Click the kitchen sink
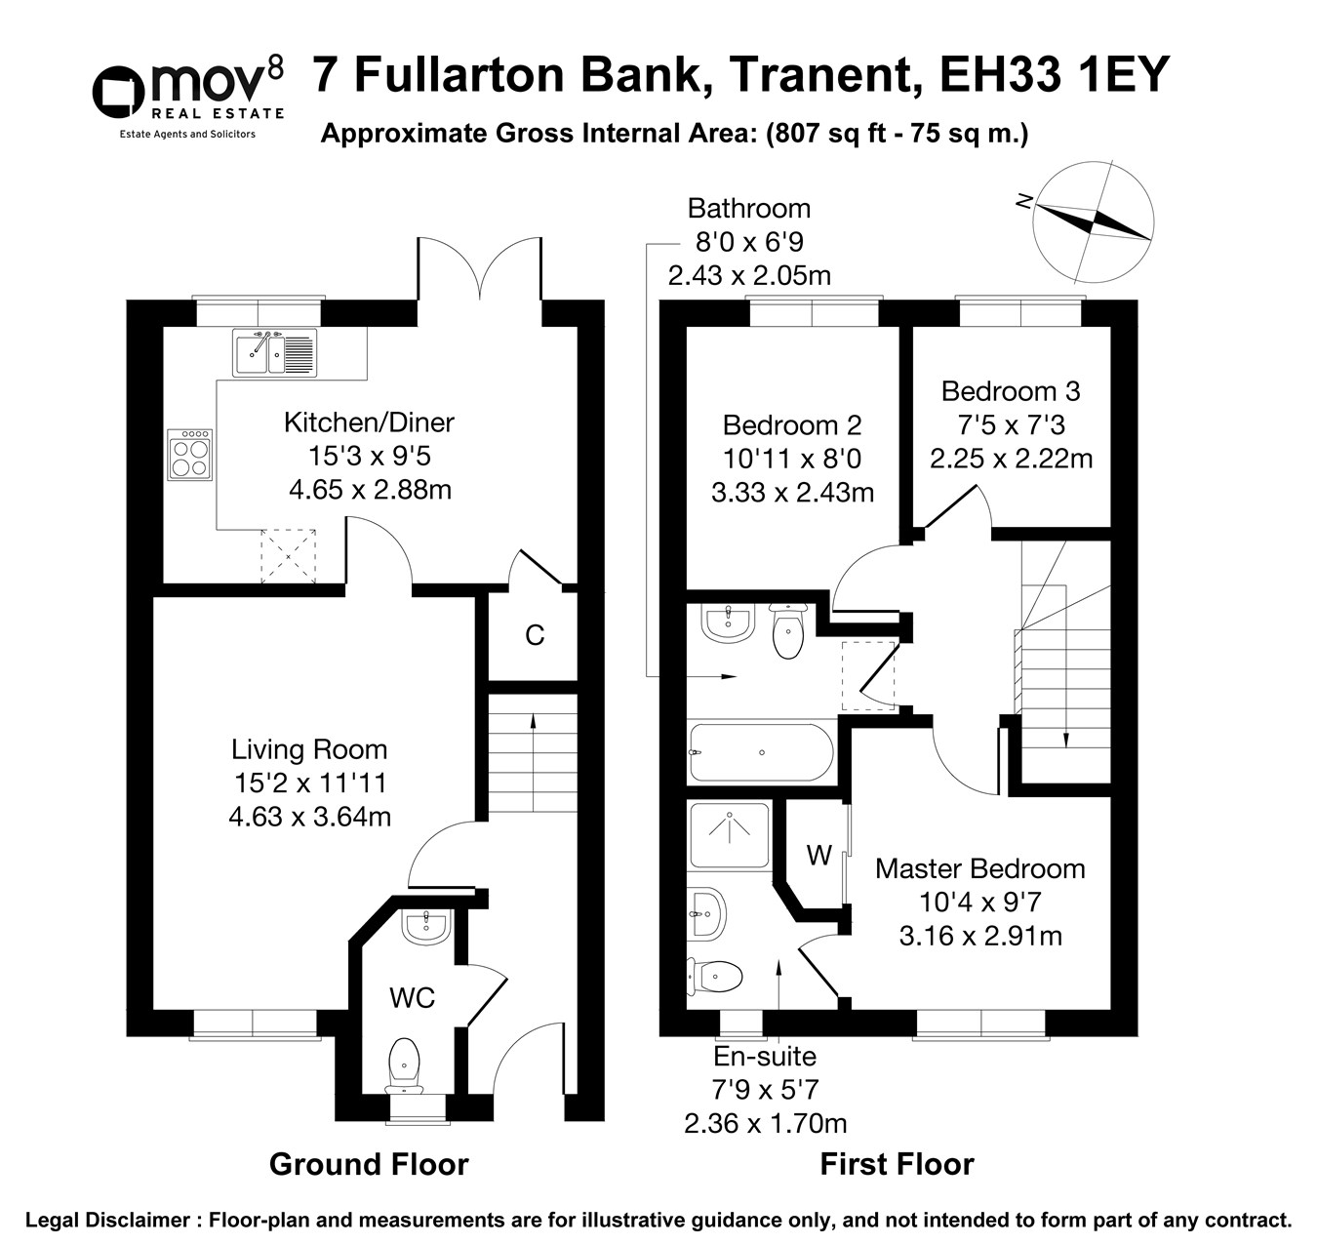pos(274,352)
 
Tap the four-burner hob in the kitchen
pos(190,456)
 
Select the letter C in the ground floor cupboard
pos(535,635)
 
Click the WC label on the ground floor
pos(412,998)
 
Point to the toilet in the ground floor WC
pos(404,1063)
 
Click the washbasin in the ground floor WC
pos(425,925)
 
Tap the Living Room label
pos(309,749)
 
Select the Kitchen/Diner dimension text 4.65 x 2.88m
pos(370,489)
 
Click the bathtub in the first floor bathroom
pos(761,752)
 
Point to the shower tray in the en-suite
pos(730,836)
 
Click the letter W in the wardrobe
pos(818,856)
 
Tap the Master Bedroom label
pos(979,868)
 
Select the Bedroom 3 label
pos(1010,391)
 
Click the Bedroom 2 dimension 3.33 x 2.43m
pos(792,493)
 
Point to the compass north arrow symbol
pos(1093,221)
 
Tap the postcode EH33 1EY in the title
pos(1054,75)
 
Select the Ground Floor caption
pos(369,1164)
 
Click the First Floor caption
pos(897,1164)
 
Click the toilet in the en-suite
pos(717,974)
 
